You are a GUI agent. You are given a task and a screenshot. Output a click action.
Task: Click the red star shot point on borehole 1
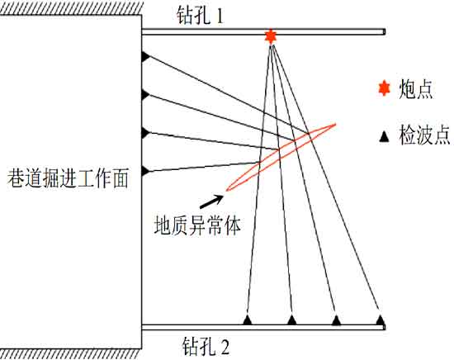pyautogui.click(x=270, y=36)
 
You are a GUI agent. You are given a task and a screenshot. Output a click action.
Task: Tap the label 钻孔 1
pyautogui.click(x=201, y=16)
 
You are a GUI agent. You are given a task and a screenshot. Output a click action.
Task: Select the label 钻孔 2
pyautogui.click(x=206, y=346)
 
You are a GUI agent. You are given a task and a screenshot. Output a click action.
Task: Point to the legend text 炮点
pyautogui.click(x=416, y=89)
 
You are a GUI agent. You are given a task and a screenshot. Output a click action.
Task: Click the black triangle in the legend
pyautogui.click(x=384, y=136)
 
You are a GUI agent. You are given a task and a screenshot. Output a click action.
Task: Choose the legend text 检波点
pyautogui.click(x=424, y=135)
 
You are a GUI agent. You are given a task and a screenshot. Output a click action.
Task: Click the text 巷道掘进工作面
pyautogui.click(x=68, y=178)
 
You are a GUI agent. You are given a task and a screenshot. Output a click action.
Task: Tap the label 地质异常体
pyautogui.click(x=197, y=225)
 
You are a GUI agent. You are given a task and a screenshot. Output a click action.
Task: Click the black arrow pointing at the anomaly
pyautogui.click(x=211, y=201)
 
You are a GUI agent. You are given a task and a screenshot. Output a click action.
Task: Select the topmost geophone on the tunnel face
pyautogui.click(x=145, y=56)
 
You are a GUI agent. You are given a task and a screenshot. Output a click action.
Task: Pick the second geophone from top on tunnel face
pyautogui.click(x=145, y=95)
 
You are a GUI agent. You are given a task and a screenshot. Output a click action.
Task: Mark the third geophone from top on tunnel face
pyautogui.click(x=145, y=133)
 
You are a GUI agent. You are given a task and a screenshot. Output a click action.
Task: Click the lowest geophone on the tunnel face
pyautogui.click(x=145, y=171)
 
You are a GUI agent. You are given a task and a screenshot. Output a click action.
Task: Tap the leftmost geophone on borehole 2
pyautogui.click(x=247, y=320)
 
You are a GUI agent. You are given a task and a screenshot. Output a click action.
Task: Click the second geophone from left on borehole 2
pyautogui.click(x=292, y=320)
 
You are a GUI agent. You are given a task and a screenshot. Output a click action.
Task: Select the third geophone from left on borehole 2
pyautogui.click(x=336, y=320)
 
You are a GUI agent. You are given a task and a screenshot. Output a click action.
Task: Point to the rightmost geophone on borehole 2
pyautogui.click(x=381, y=320)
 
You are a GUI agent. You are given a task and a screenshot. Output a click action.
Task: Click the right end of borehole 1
pyautogui.click(x=385, y=31)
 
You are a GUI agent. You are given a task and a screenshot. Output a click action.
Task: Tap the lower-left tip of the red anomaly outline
pyautogui.click(x=227, y=190)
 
